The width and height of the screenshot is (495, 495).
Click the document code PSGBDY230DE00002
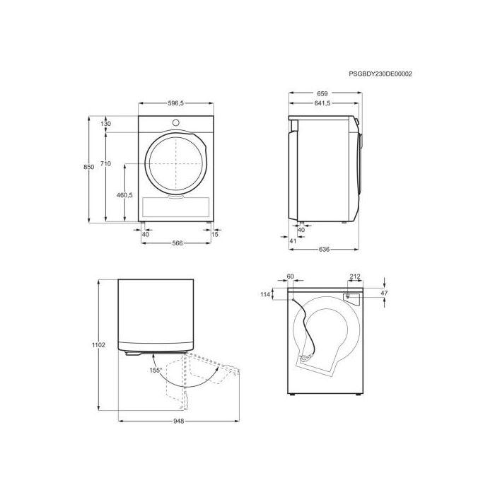[x=380, y=74]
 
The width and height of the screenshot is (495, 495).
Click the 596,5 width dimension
[x=176, y=103]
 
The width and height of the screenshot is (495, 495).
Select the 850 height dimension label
[x=88, y=167]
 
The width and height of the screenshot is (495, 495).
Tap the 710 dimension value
[x=106, y=163]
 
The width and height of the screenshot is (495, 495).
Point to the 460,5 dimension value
[x=124, y=195]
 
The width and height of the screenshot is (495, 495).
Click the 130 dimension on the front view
[x=106, y=124]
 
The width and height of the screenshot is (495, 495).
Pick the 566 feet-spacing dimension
[x=177, y=243]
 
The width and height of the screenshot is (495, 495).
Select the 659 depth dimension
[x=322, y=93]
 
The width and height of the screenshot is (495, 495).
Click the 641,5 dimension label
[x=322, y=103]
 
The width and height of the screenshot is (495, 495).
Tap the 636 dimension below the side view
[x=324, y=250]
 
